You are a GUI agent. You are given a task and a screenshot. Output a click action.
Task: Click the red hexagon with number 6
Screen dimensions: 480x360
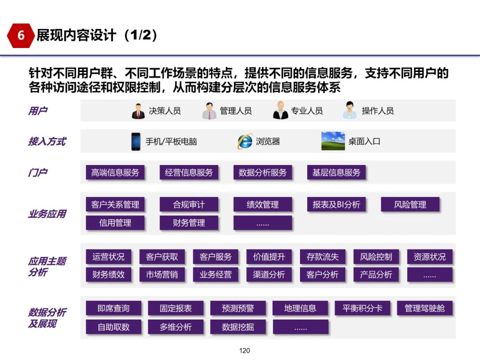(21, 36)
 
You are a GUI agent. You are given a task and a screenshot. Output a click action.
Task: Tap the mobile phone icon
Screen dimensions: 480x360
(136, 141)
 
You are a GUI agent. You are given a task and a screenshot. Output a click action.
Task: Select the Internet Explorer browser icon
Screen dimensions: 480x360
(245, 141)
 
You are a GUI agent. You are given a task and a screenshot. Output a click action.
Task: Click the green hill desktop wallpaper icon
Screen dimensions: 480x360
(333, 141)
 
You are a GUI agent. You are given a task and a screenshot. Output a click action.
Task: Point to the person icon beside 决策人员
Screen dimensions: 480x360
(138, 111)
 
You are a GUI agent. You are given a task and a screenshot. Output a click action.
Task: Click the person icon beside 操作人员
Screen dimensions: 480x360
(350, 110)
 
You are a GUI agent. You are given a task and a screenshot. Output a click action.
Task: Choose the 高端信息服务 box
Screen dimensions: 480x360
(115, 172)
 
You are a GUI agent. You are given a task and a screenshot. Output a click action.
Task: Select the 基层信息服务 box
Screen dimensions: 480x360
(336, 172)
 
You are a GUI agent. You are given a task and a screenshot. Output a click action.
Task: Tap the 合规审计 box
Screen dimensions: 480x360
(189, 204)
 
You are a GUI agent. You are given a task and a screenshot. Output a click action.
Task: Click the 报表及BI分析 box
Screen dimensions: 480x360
(336, 204)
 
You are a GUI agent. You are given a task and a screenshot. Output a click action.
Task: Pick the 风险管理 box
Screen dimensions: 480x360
(410, 204)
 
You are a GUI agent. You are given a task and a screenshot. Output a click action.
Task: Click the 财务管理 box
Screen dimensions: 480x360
(189, 223)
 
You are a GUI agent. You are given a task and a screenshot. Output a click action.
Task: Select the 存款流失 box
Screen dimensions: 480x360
(322, 256)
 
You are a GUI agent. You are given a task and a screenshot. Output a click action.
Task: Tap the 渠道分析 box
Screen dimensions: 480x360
(269, 275)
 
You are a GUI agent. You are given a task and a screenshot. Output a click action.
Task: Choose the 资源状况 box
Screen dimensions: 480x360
(429, 256)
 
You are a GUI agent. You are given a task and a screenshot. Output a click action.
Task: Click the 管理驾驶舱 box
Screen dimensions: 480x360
(424, 308)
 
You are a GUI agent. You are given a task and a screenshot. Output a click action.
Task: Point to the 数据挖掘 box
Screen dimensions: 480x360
(238, 327)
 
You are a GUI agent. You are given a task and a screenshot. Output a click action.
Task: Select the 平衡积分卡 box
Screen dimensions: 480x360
(362, 308)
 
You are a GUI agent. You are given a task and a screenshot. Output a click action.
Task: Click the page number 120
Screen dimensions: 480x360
(244, 351)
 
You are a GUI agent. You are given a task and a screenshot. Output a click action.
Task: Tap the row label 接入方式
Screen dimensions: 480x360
(47, 141)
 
